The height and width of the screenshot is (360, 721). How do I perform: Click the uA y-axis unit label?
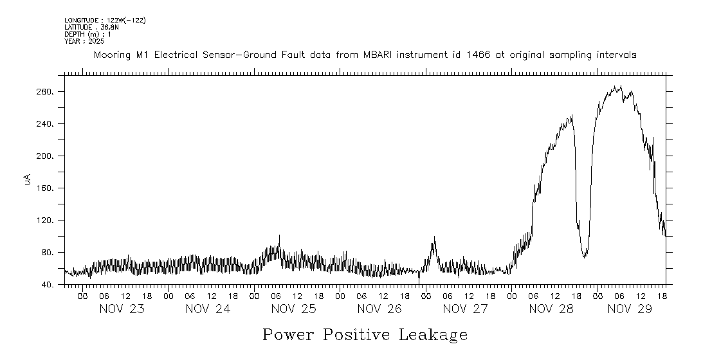[x=28, y=181]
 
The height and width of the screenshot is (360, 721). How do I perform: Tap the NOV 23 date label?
[x=122, y=309]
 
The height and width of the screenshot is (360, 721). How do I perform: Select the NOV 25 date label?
[x=293, y=309]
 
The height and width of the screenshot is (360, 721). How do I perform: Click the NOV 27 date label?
[x=465, y=309]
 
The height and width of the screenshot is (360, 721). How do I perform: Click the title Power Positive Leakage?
[x=365, y=335]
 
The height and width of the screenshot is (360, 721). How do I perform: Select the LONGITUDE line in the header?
[x=105, y=21]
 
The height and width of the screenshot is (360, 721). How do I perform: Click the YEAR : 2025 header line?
[x=80, y=41]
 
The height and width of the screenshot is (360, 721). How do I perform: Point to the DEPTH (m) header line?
[x=86, y=34]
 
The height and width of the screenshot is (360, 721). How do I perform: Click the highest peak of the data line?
[x=620, y=86]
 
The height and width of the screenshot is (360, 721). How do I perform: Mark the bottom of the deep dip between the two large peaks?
[x=585, y=257]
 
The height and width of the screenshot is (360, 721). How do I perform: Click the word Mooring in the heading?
[x=113, y=55]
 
